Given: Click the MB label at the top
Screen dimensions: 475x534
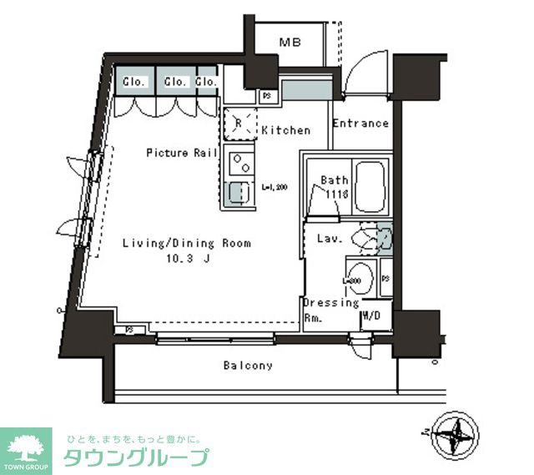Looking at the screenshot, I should (x=290, y=42).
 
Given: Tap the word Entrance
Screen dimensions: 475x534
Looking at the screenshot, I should (x=360, y=124).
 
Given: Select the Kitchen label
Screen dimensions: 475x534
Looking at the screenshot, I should (x=285, y=130).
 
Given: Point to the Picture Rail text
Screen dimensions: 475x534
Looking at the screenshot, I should (x=182, y=153).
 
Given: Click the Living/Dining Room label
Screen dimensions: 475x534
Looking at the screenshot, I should (x=187, y=244).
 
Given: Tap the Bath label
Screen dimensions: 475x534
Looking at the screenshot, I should (x=334, y=180).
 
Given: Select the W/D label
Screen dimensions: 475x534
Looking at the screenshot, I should (x=371, y=317).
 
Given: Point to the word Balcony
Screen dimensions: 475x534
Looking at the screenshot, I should (x=248, y=366).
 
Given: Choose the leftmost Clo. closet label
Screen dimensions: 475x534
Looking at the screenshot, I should (x=134, y=82).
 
